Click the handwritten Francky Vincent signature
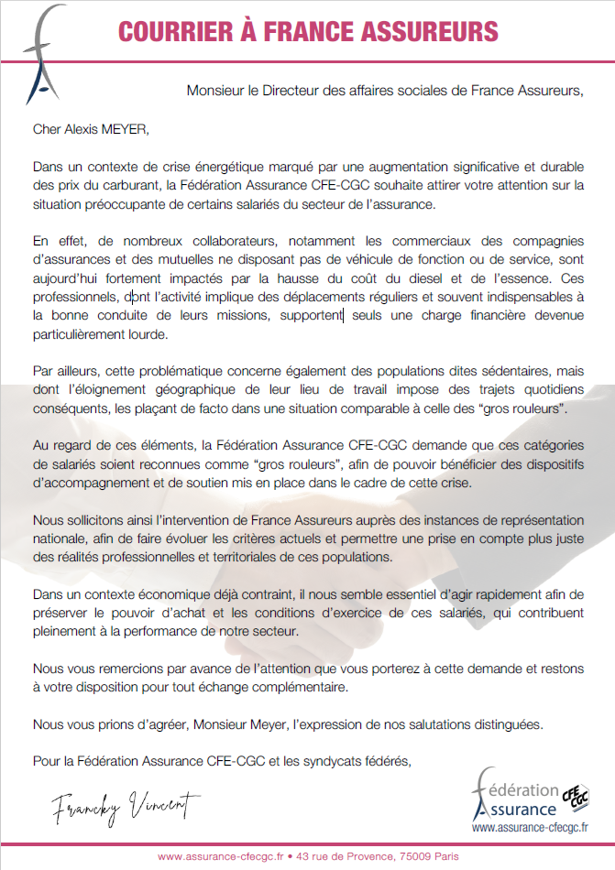coord(126,805)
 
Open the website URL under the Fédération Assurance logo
coord(531,827)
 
